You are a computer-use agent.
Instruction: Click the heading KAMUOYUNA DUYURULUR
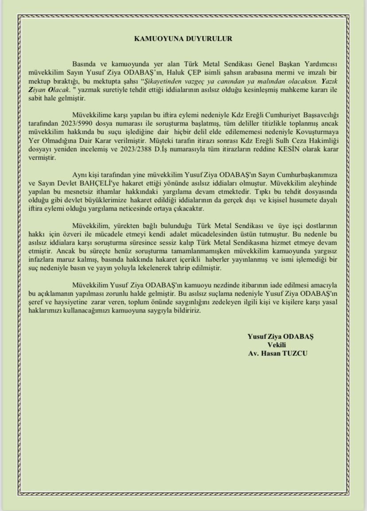point(183,39)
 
